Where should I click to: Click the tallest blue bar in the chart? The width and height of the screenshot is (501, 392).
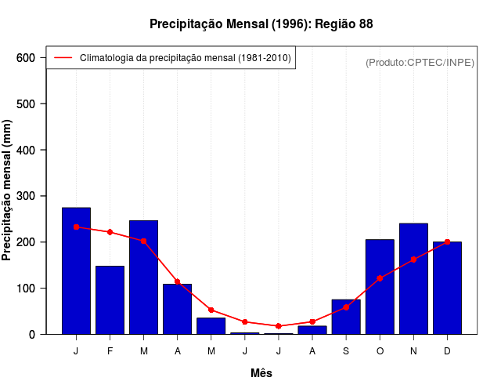[x=76, y=270]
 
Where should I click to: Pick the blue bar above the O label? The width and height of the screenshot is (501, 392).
[x=380, y=287]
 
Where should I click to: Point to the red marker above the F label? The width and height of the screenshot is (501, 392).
[x=110, y=232]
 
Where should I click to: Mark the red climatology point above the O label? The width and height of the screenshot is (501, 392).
[x=380, y=278]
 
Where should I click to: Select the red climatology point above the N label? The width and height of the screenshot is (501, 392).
[x=413, y=260]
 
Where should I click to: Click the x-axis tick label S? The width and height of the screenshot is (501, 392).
[x=346, y=351]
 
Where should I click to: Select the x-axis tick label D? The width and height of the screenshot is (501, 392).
[x=447, y=351]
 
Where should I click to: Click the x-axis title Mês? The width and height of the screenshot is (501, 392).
[x=261, y=373]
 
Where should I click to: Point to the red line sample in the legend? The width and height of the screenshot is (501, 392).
[x=63, y=58]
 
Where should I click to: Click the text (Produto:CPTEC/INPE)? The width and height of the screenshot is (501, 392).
[x=420, y=62]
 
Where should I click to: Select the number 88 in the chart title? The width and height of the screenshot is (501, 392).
[x=366, y=24]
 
